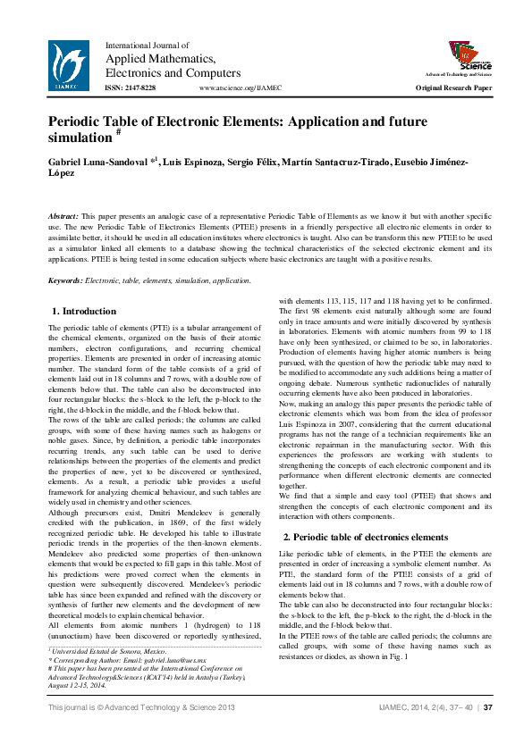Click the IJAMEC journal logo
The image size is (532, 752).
pyautogui.click(x=69, y=65)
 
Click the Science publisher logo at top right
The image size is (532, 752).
pyautogui.click(x=463, y=55)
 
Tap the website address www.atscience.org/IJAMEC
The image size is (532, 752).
pyautogui.click(x=241, y=88)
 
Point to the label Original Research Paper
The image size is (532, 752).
pyautogui.click(x=453, y=88)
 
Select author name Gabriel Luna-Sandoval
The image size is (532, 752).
pyautogui.click(x=98, y=161)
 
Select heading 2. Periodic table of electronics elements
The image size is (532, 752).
pyautogui.click(x=366, y=537)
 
